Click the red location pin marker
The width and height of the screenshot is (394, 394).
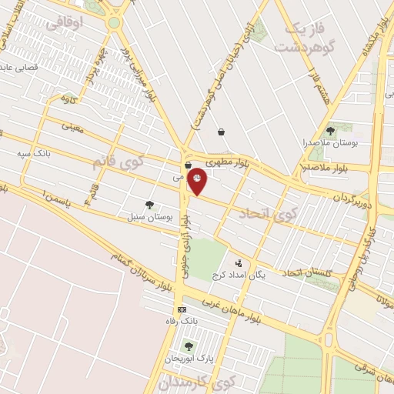[x=198, y=181]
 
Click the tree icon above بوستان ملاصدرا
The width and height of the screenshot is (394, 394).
[x=330, y=131]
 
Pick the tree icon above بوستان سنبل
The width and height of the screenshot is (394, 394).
[x=149, y=205]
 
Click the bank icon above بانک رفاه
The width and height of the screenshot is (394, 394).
[x=182, y=309]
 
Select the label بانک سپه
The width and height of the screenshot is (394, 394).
[x=35, y=153]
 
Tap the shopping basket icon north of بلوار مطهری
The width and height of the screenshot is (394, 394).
[x=222, y=132]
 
